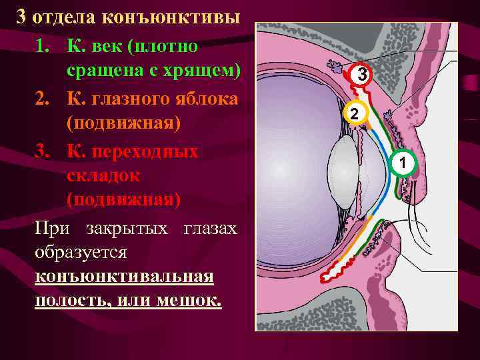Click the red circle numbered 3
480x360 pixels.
pyautogui.click(x=361, y=75)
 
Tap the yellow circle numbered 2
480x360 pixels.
pyautogui.click(x=355, y=113)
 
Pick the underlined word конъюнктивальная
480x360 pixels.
pyautogui.click(x=125, y=276)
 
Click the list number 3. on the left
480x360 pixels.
pyautogui.click(x=43, y=151)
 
